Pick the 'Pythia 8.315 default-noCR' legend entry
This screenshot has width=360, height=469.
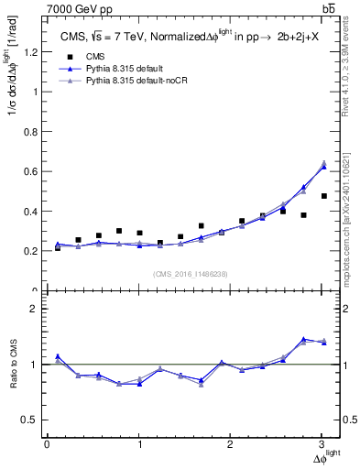[x=127, y=82]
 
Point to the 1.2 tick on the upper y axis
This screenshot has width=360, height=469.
[x=34, y=52]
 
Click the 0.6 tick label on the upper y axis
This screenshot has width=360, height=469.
[x=34, y=171]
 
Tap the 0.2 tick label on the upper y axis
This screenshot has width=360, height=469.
[x=34, y=251]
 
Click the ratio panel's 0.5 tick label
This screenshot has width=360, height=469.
[x=32, y=420]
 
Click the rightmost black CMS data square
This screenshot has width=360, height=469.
[x=323, y=196]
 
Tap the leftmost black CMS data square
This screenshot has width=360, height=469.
[x=58, y=248]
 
